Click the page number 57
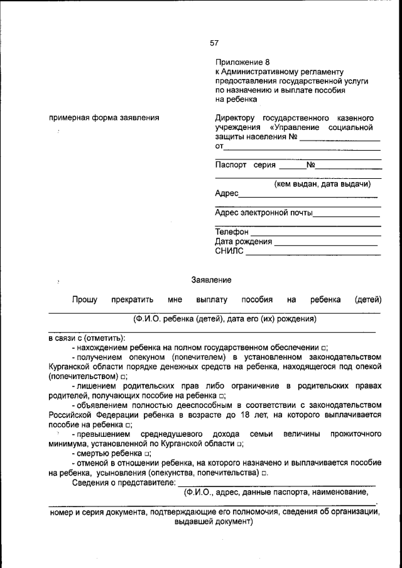[x=214, y=43]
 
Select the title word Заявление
[x=212, y=279]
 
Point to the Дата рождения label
[x=244, y=242]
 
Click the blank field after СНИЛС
[x=313, y=254]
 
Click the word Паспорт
[x=231, y=166]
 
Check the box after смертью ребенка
[x=147, y=453]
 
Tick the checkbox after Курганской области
[x=240, y=443]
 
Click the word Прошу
[x=84, y=300]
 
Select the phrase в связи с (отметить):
[x=87, y=338]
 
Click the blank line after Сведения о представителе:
[x=276, y=483]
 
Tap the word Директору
[x=236, y=117]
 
